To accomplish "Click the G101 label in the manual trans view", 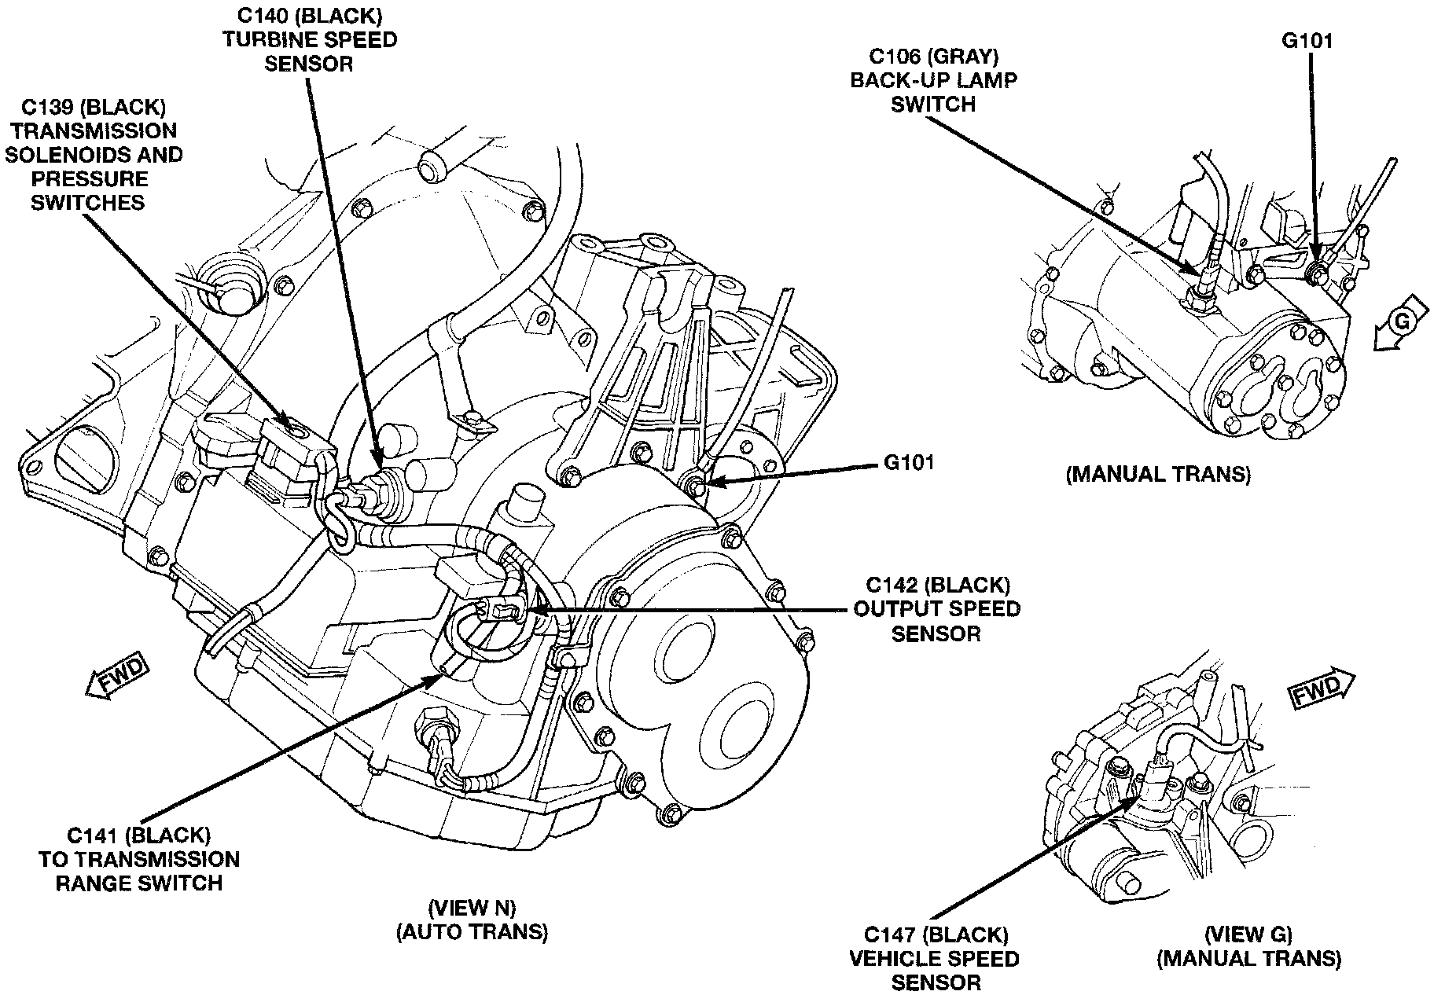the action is (x=1307, y=41).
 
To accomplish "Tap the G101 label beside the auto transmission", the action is (x=910, y=462).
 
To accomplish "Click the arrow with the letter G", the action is (x=1400, y=323).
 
